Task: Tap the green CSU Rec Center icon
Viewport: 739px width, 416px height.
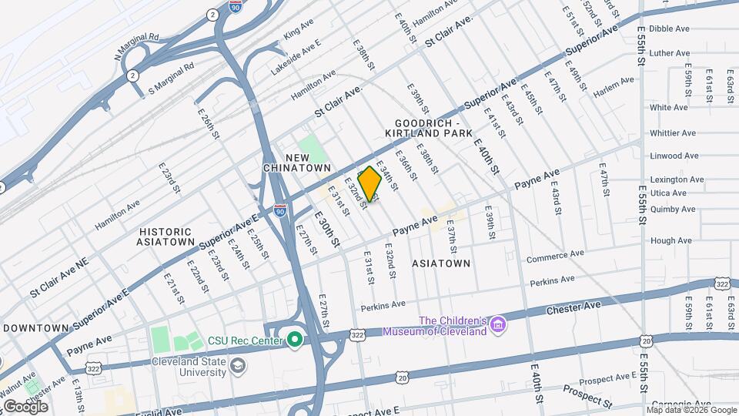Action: click(294, 340)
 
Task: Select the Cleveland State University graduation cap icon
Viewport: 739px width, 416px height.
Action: click(239, 364)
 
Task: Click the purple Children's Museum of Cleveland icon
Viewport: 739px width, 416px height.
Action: click(499, 326)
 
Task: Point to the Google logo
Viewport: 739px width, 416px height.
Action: click(25, 406)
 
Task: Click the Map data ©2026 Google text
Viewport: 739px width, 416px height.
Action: click(691, 411)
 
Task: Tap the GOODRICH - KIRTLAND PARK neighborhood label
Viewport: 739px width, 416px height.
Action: click(427, 129)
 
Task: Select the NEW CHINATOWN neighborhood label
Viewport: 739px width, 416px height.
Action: click(308, 163)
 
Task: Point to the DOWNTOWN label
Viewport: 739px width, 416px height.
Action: click(36, 327)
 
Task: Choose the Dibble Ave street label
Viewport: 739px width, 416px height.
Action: click(669, 29)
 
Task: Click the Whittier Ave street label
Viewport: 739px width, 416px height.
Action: click(673, 133)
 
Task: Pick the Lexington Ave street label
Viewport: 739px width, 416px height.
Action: click(677, 179)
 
